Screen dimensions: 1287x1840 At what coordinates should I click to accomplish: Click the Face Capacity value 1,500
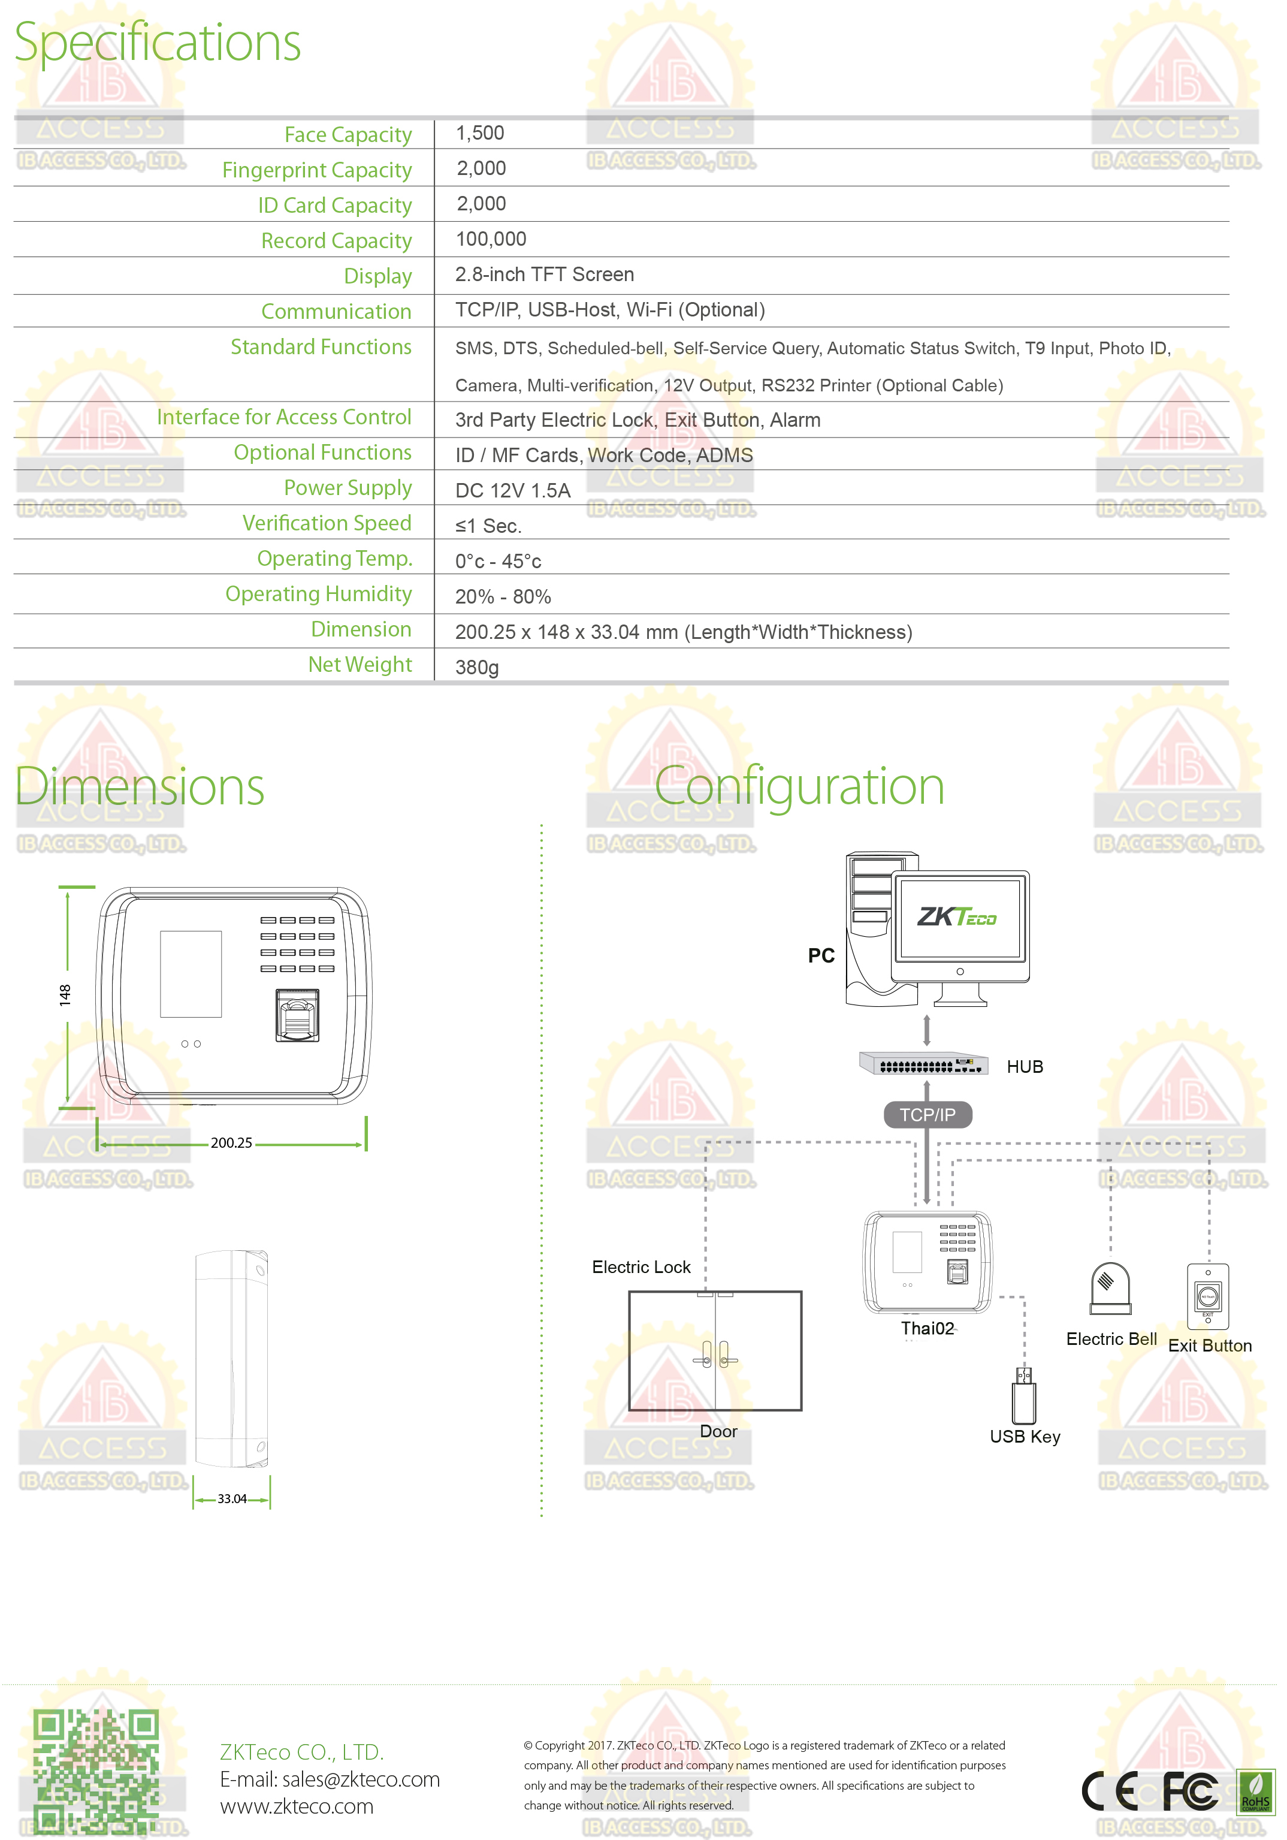(479, 133)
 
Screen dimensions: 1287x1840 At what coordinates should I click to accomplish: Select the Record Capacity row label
(337, 240)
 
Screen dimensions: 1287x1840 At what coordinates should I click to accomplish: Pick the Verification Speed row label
(327, 523)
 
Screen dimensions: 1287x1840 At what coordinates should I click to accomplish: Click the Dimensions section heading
(140, 786)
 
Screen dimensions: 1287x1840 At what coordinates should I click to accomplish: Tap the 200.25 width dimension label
(232, 1143)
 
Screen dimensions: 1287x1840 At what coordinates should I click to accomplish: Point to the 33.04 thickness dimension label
(232, 1498)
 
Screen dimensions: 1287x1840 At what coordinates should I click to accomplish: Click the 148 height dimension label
(65, 996)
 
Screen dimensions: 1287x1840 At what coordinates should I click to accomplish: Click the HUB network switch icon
(923, 1063)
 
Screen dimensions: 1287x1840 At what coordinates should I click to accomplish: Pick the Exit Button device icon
(1208, 1296)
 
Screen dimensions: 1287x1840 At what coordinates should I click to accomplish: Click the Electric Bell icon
(1111, 1289)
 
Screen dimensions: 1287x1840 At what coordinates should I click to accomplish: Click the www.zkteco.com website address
(297, 1806)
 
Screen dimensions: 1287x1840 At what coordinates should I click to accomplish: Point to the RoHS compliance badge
(1256, 1792)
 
